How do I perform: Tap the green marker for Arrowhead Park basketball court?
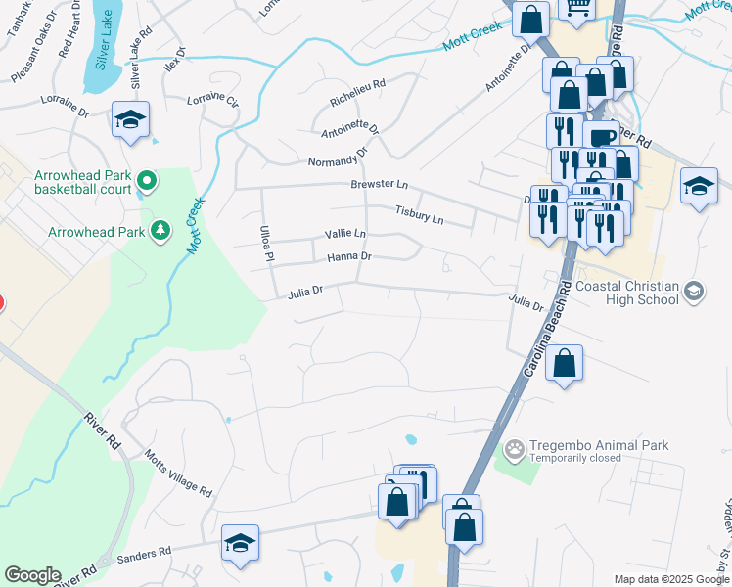147,180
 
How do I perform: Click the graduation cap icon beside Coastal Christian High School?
694,291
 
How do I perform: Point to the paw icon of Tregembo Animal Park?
514,450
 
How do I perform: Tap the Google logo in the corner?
32,575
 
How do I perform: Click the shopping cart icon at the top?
577,7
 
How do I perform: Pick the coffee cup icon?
601,137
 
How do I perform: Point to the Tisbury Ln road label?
419,213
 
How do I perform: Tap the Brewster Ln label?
379,184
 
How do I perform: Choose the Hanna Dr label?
349,256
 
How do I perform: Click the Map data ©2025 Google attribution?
670,579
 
